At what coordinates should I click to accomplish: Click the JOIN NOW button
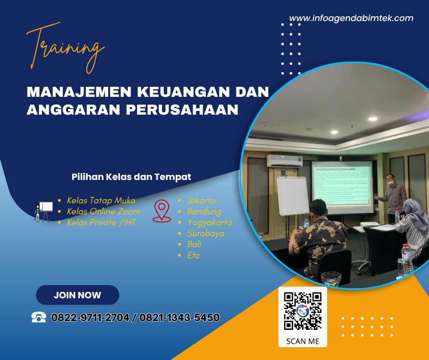78,295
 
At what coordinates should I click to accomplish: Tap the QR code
303,311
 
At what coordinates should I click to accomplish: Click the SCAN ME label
303,341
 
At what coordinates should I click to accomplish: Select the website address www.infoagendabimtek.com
351,19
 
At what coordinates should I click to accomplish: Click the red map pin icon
161,211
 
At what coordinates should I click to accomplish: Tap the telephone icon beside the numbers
39,317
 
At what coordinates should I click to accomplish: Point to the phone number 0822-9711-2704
90,318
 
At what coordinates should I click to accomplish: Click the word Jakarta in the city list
201,201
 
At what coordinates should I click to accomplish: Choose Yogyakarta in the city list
209,222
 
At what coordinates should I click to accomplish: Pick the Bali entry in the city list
194,244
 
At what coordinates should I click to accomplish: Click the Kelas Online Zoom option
103,212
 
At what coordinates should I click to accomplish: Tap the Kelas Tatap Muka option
101,201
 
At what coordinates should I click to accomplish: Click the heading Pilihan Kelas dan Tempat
131,177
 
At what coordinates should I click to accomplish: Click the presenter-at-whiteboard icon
44,212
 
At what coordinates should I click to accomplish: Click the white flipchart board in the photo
293,196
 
